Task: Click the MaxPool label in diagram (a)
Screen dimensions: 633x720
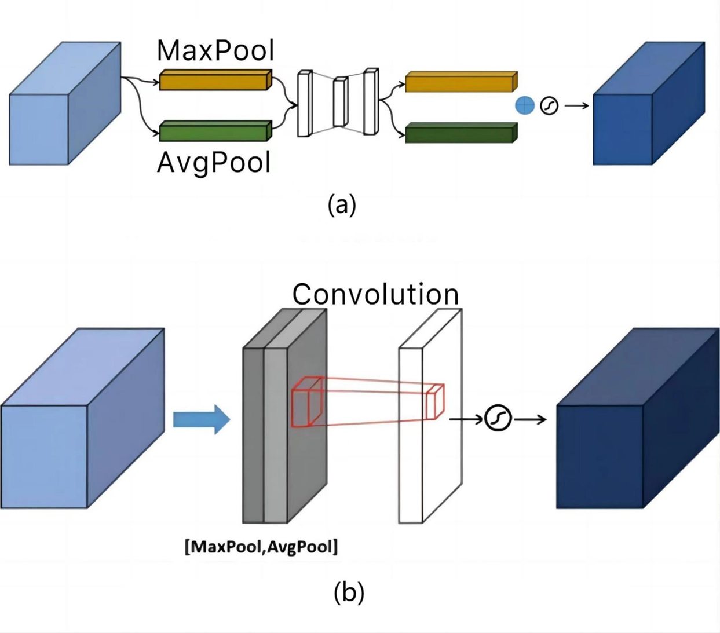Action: [x=215, y=51]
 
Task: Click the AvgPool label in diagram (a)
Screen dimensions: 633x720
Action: [x=214, y=163]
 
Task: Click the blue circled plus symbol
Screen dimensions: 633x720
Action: [x=525, y=105]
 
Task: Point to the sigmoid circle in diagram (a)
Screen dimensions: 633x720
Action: [x=549, y=105]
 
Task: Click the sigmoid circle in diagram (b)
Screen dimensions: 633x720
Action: [x=498, y=418]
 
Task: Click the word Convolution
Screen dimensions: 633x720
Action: [x=375, y=294]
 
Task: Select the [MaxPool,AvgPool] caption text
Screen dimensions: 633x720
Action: [x=261, y=547]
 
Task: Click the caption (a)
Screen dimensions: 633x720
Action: [x=342, y=204]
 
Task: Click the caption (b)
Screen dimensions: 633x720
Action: [x=349, y=592]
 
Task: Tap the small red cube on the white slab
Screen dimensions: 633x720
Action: [x=435, y=401]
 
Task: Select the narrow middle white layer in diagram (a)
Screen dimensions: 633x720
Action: [x=340, y=103]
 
